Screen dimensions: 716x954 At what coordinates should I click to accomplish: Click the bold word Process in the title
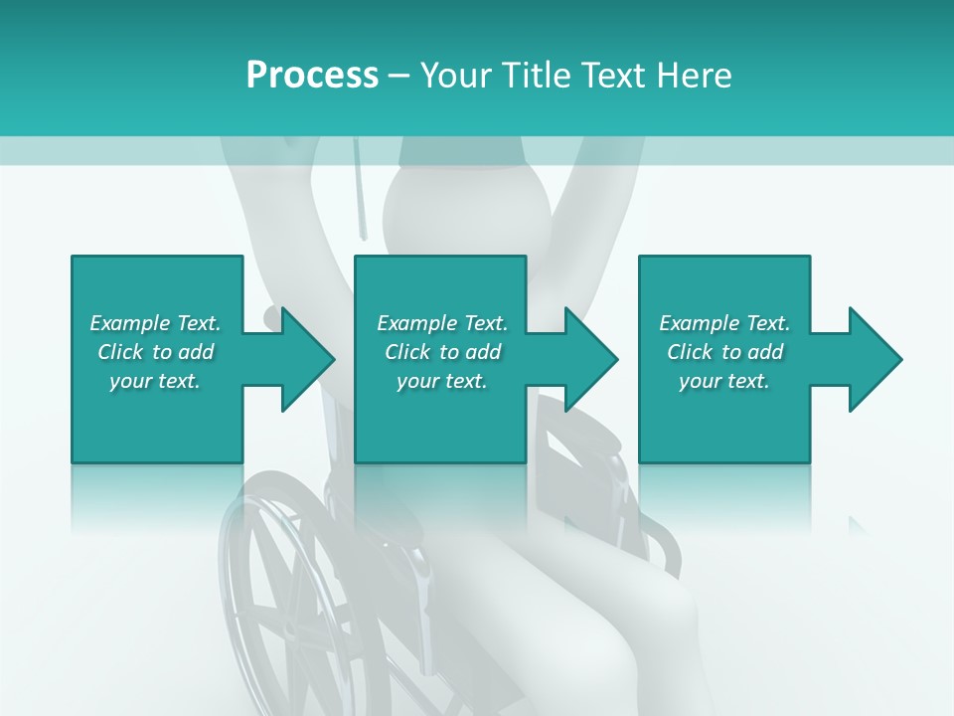point(312,76)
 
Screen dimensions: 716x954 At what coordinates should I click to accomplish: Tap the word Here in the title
point(696,76)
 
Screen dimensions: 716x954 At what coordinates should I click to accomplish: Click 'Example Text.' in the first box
point(155,323)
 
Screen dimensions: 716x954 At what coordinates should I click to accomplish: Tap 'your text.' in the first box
point(155,381)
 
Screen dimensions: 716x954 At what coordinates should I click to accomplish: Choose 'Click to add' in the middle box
point(442,352)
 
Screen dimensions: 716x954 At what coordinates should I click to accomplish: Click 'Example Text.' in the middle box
point(442,323)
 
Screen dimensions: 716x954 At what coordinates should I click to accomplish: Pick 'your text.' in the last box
point(724,381)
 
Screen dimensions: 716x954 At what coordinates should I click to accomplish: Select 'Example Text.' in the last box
point(724,323)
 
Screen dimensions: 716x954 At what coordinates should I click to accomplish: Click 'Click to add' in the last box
point(724,352)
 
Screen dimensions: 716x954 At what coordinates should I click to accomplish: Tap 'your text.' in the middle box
point(442,381)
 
